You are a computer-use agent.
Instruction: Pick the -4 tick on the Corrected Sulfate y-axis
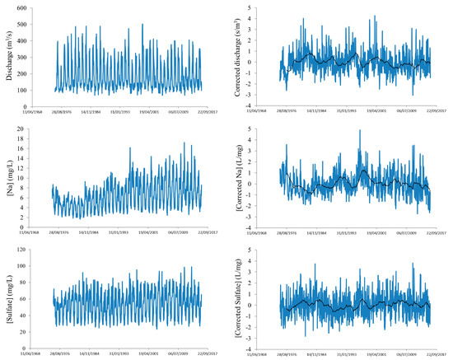pos(261,346)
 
